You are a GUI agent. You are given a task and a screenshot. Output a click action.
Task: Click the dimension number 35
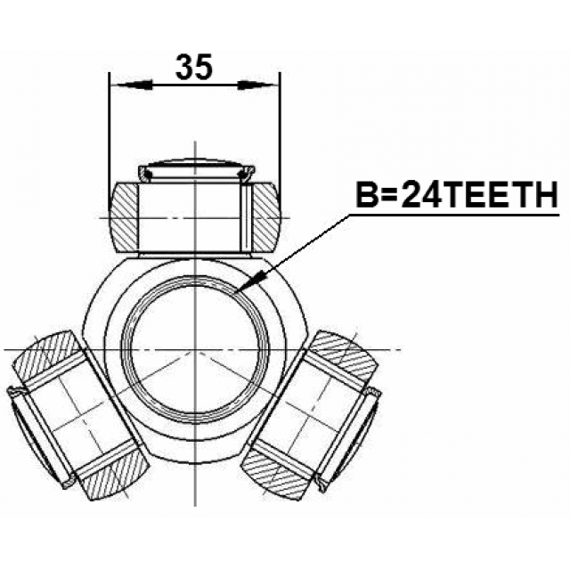coord(194,67)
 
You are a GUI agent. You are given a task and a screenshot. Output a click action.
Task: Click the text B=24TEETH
coord(457,194)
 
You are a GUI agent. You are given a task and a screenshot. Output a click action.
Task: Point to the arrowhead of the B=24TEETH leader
coord(251,281)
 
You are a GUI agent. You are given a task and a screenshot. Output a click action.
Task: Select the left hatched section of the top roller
coord(124,217)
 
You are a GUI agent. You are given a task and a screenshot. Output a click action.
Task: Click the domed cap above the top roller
coord(196,162)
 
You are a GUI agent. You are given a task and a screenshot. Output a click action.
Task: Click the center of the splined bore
coord(195,350)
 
